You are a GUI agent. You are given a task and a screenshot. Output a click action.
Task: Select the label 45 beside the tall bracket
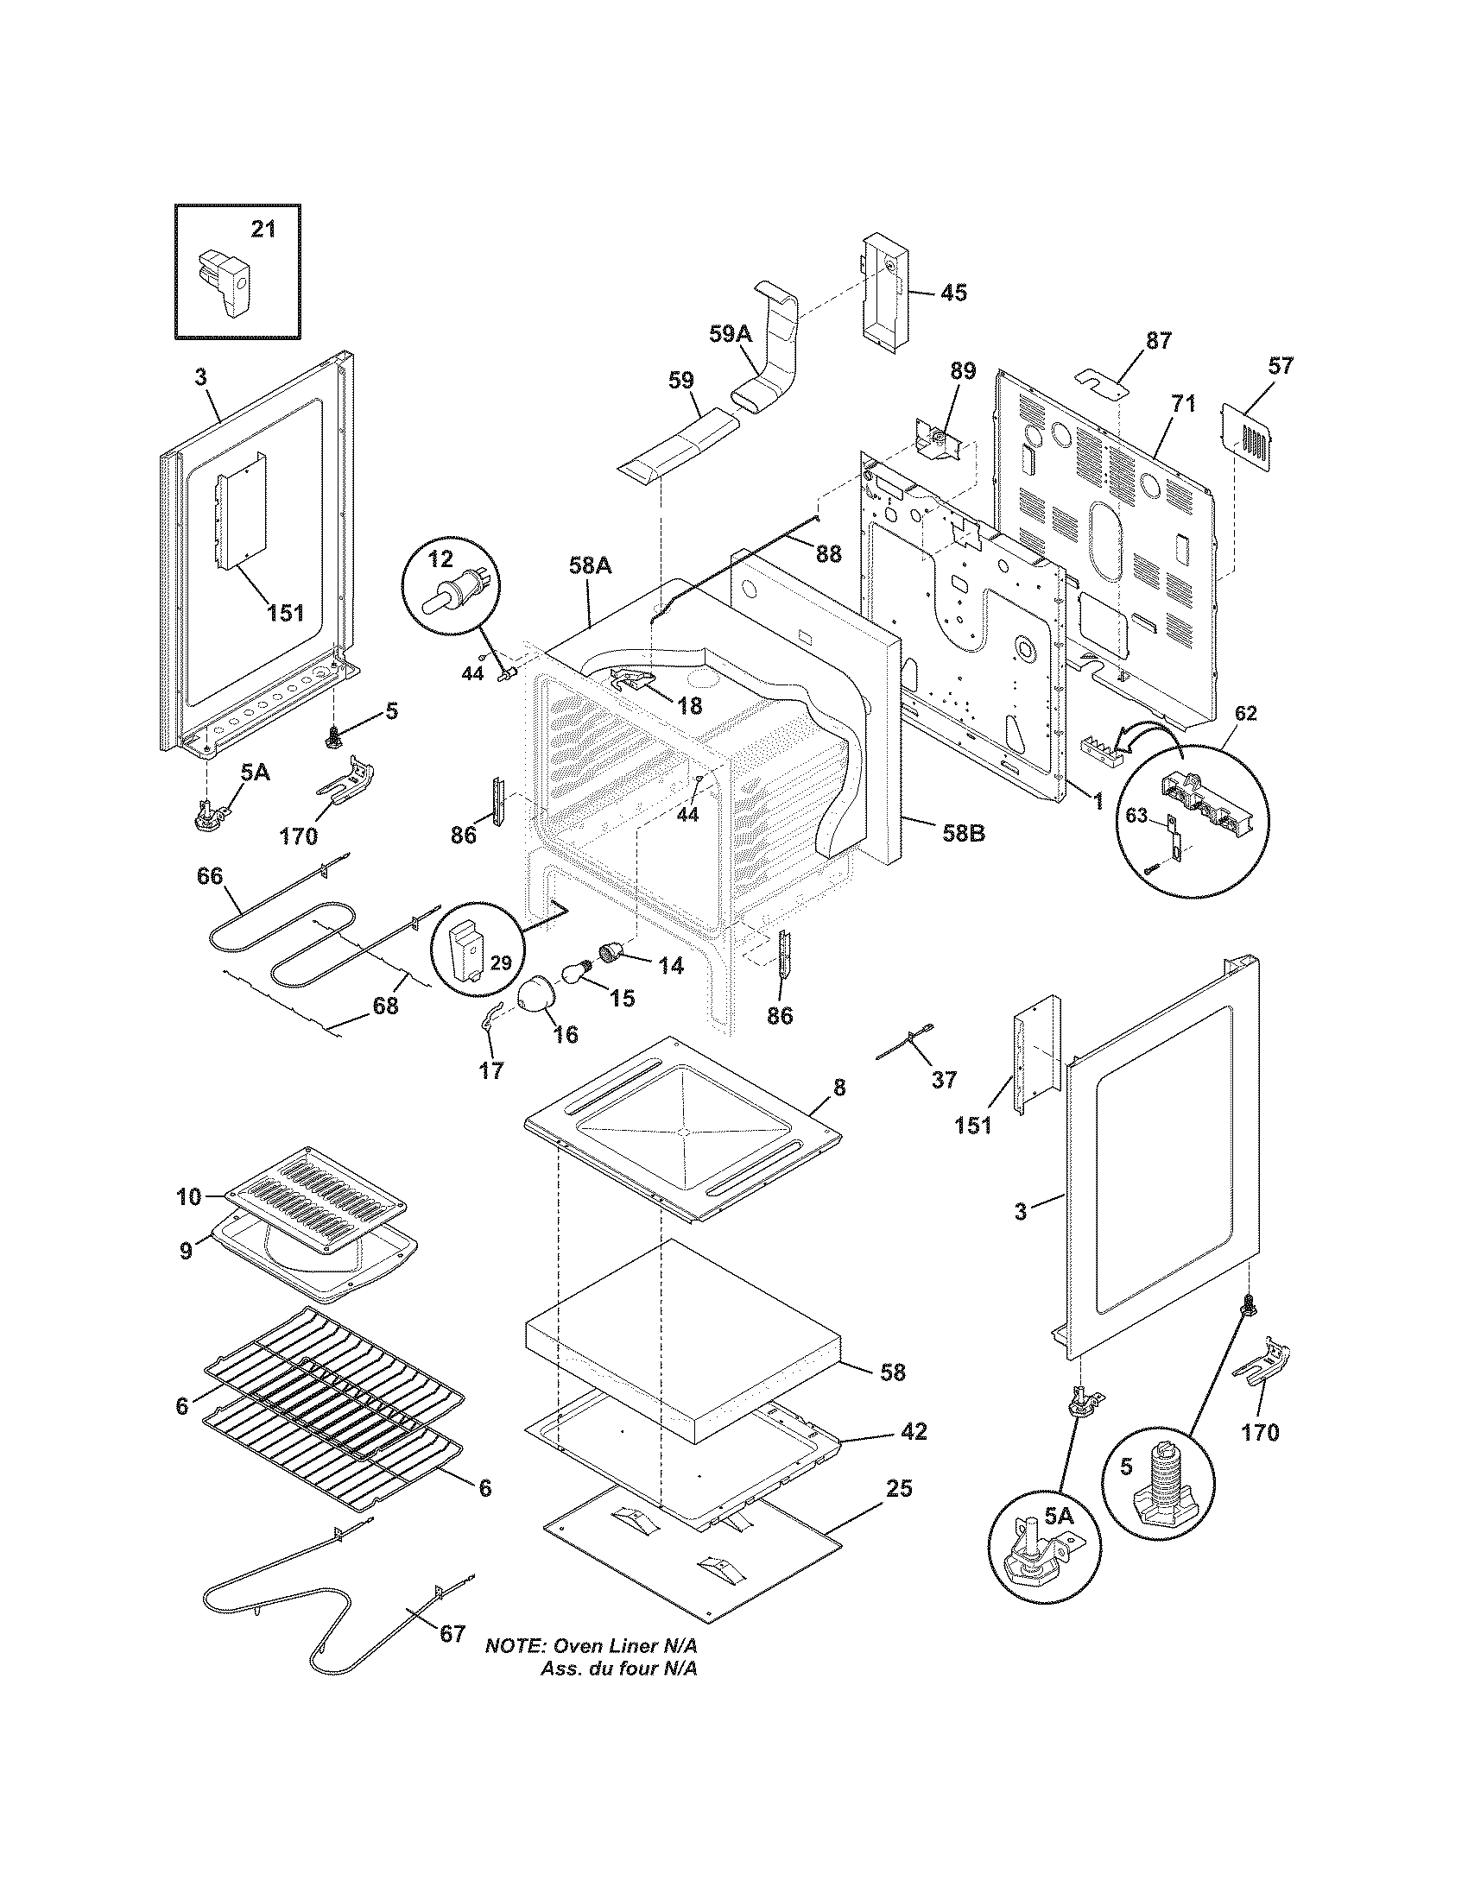[x=953, y=292]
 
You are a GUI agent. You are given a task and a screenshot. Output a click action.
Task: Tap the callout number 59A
[x=729, y=334]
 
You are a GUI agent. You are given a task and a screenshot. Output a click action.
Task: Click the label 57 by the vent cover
[x=1280, y=365]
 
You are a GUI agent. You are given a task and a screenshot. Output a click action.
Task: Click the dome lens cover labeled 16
[x=536, y=994]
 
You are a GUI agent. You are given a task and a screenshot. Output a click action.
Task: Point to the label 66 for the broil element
[x=210, y=875]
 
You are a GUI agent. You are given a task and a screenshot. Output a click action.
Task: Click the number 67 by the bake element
[x=452, y=1633]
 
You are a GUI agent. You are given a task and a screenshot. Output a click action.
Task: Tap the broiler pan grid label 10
[x=187, y=1197]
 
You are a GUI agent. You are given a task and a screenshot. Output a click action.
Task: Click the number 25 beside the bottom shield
[x=899, y=1488]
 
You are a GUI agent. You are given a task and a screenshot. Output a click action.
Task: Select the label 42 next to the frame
[x=914, y=1430]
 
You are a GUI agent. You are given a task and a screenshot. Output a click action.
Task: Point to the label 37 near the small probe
[x=944, y=1079]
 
